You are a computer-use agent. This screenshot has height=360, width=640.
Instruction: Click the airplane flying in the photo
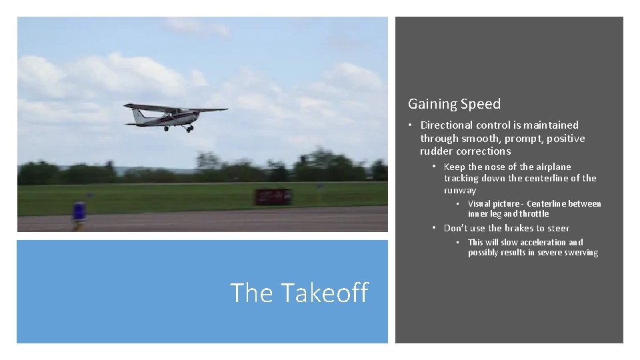[174, 116]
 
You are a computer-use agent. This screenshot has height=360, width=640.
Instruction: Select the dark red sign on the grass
[273, 197]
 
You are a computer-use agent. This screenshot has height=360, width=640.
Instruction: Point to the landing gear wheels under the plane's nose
[189, 129]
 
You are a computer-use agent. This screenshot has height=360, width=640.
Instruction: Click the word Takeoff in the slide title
[325, 293]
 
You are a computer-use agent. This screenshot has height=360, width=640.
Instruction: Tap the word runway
[460, 190]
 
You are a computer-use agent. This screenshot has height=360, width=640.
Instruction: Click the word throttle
[535, 214]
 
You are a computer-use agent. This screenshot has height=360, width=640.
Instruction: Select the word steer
[556, 228]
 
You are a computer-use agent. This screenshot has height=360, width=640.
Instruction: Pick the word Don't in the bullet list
[456, 228]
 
